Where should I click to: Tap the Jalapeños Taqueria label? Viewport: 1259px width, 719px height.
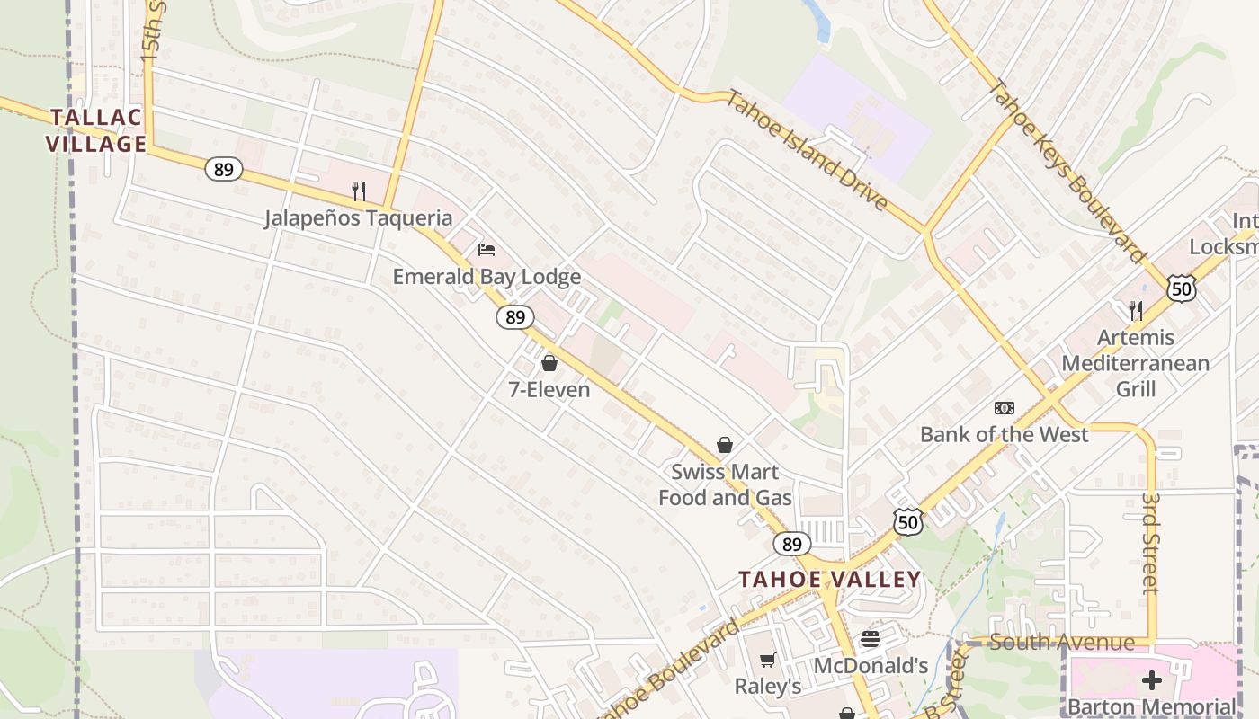[x=358, y=217]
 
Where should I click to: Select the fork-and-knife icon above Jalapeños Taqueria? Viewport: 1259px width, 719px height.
[x=359, y=191]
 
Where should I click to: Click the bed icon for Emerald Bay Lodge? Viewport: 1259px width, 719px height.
[x=487, y=249]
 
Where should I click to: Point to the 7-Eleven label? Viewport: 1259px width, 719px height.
[x=549, y=389]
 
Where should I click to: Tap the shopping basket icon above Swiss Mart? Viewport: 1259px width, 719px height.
[x=725, y=445]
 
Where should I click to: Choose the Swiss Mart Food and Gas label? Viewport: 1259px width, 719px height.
[x=725, y=484]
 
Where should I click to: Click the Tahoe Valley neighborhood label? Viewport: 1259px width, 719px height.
[x=830, y=580]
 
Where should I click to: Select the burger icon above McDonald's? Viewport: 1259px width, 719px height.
[x=870, y=639]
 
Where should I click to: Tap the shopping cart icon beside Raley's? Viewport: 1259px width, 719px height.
[x=767, y=661]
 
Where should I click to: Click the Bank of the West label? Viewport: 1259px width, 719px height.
[x=1004, y=435]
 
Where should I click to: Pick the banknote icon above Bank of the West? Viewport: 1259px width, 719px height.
[x=1005, y=408]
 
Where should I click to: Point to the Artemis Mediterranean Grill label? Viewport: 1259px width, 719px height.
[x=1135, y=363]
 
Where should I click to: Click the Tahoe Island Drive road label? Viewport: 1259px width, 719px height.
[x=807, y=149]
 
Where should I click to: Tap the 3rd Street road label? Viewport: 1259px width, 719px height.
[x=1150, y=542]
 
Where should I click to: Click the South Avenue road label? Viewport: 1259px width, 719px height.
[x=1061, y=642]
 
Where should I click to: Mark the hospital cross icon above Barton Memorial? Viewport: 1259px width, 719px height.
[x=1152, y=680]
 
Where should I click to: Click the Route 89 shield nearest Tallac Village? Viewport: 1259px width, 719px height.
[x=223, y=168]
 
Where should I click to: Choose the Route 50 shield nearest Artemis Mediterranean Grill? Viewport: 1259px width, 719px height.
[x=1182, y=288]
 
